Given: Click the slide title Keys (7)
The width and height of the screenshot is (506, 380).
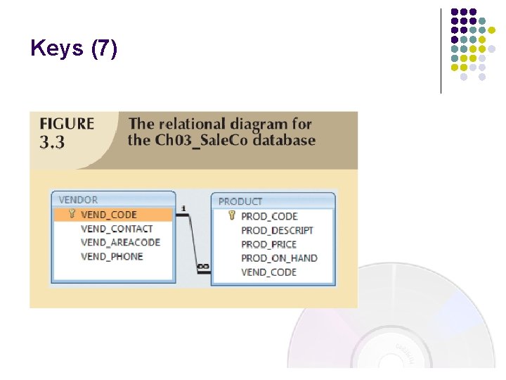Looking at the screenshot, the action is click(74, 49).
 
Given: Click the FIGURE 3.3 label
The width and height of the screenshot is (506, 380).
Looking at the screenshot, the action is click(67, 132).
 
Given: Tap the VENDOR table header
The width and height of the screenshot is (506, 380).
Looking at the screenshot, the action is click(78, 200).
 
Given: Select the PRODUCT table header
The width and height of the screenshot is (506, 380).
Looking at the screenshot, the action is click(240, 201).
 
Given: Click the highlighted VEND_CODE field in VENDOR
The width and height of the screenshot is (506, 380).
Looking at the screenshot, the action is click(109, 215).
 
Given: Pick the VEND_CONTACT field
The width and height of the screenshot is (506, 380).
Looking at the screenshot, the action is click(117, 229).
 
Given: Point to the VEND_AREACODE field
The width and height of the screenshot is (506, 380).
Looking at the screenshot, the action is click(120, 242).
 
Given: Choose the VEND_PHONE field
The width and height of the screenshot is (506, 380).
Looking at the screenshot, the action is click(112, 256).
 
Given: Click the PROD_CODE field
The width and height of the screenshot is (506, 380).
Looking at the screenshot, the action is click(269, 216).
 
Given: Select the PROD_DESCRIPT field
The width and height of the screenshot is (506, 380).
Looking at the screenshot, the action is click(277, 230).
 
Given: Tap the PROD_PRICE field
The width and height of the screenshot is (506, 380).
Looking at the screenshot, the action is click(268, 244).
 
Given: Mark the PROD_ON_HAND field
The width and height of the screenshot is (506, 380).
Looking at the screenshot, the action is click(279, 258).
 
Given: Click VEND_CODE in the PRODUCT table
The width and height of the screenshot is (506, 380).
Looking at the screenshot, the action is click(268, 272).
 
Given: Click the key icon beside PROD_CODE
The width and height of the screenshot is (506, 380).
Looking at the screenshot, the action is click(232, 215).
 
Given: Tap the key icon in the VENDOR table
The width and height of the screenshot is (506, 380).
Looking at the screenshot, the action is click(72, 214).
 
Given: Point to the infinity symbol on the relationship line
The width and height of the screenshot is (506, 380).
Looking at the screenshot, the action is click(203, 267).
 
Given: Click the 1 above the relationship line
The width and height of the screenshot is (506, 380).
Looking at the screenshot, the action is click(183, 208).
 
